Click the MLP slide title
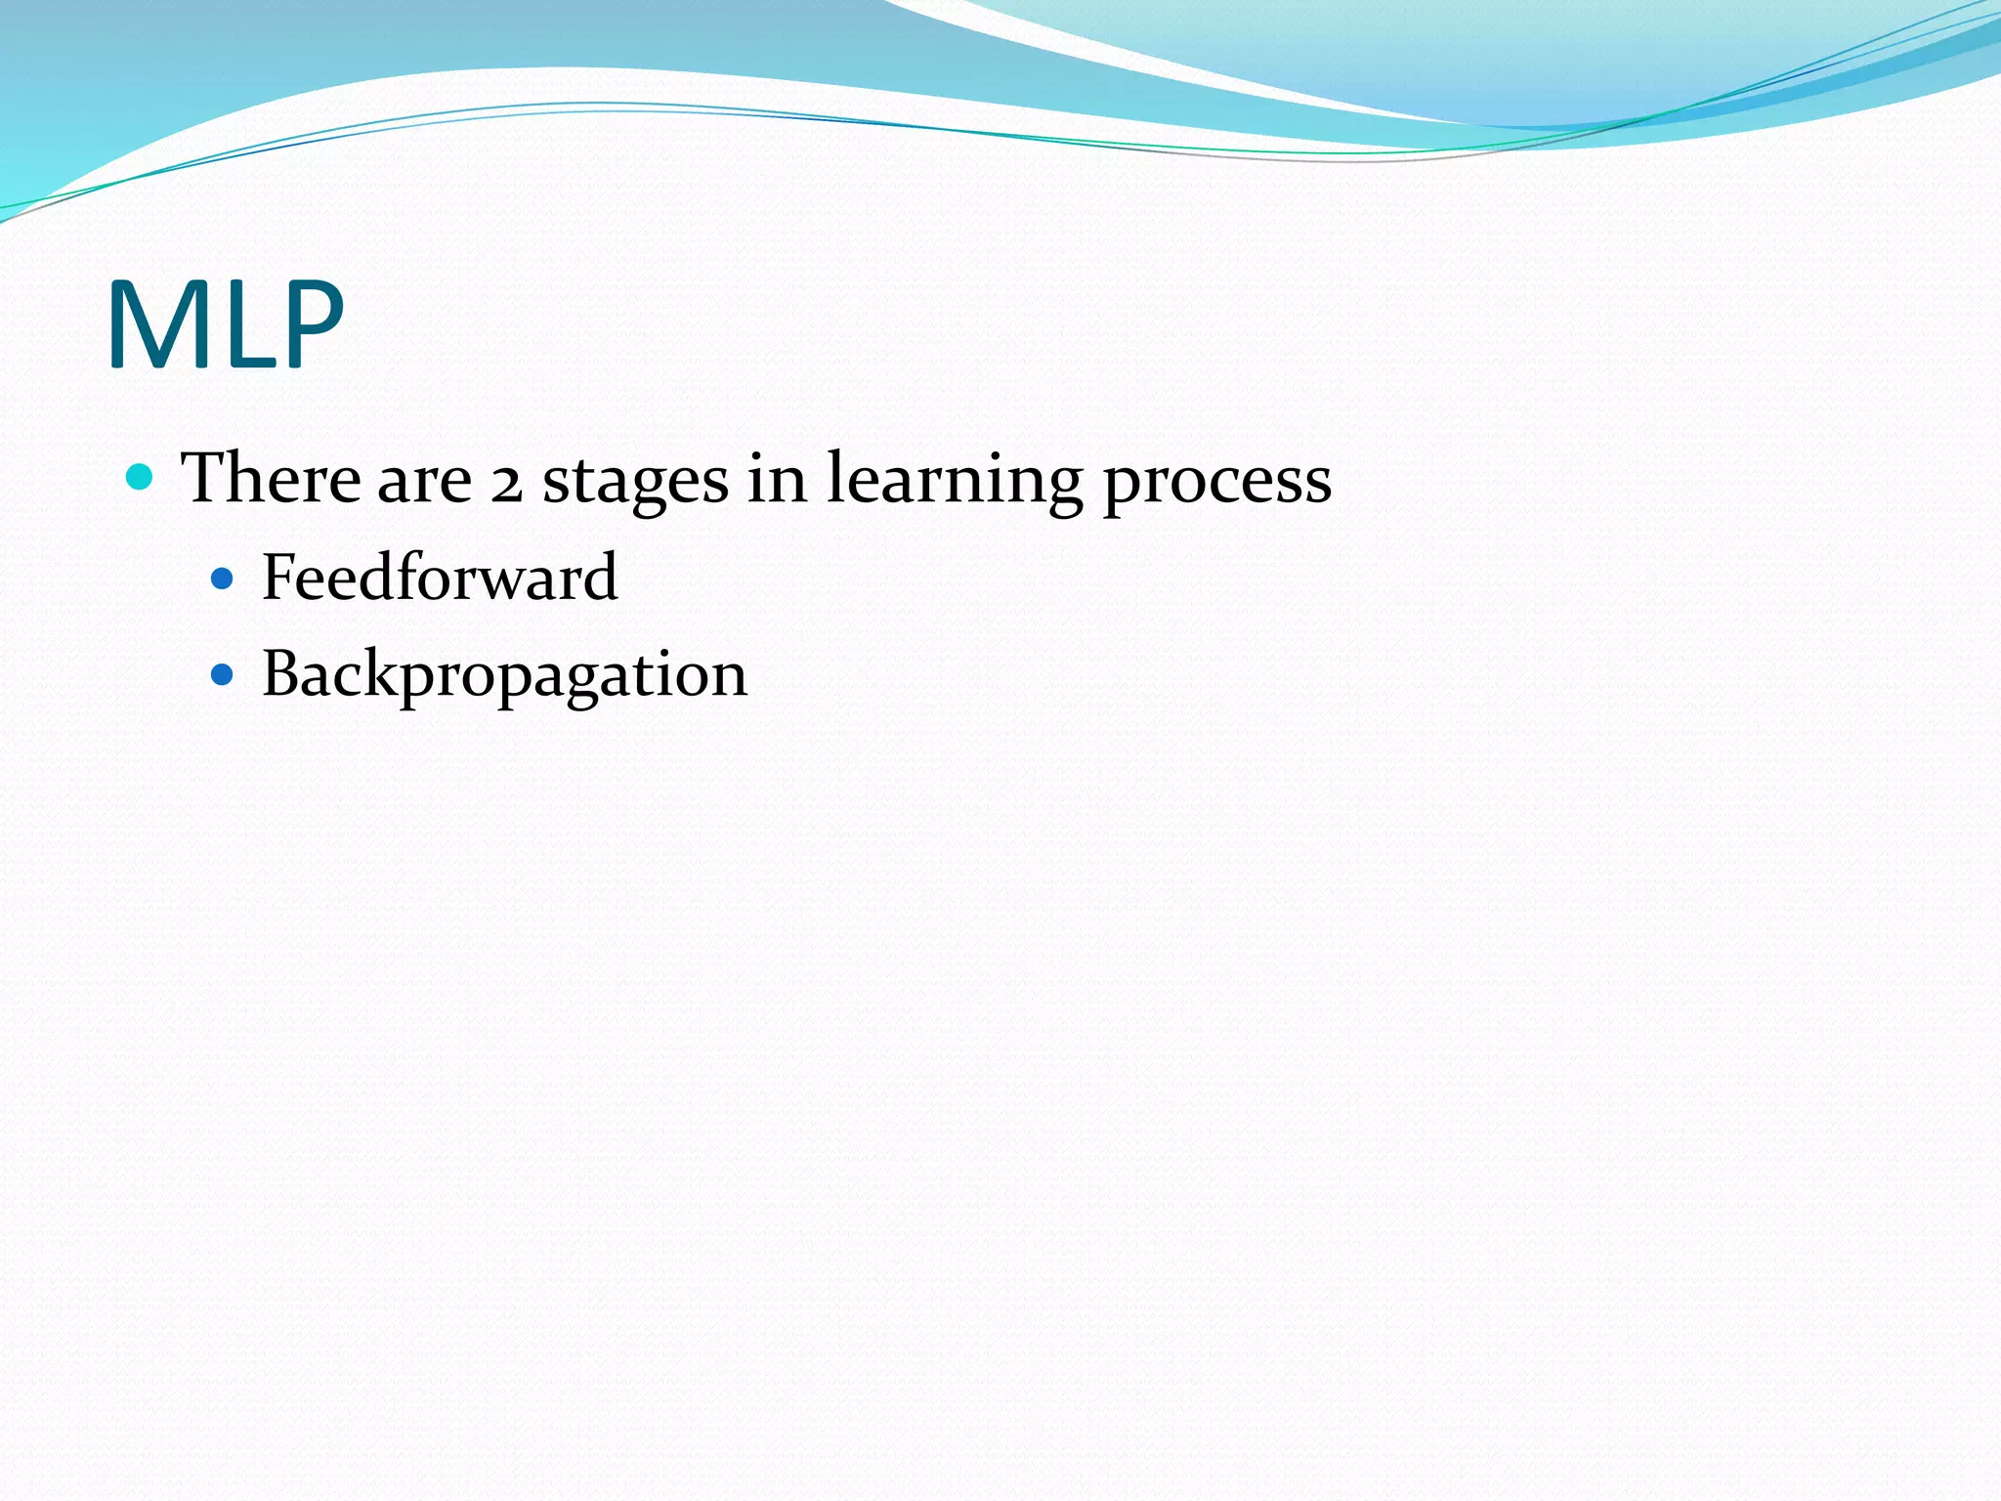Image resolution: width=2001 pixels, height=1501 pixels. [226, 324]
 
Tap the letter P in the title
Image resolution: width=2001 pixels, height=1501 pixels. [311, 324]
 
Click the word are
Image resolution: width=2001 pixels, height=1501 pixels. [424, 483]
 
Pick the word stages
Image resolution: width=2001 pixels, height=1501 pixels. [635, 483]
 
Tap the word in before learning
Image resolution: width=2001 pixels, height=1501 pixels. [778, 479]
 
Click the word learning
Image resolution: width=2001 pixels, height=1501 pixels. [955, 481]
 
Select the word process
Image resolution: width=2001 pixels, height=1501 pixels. [1217, 483]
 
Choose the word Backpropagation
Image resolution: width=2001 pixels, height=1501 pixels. [504, 676]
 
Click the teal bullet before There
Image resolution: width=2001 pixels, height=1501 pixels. [141, 477]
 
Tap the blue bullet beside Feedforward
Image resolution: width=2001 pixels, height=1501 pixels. [223, 579]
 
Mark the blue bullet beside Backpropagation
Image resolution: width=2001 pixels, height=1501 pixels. [223, 675]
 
